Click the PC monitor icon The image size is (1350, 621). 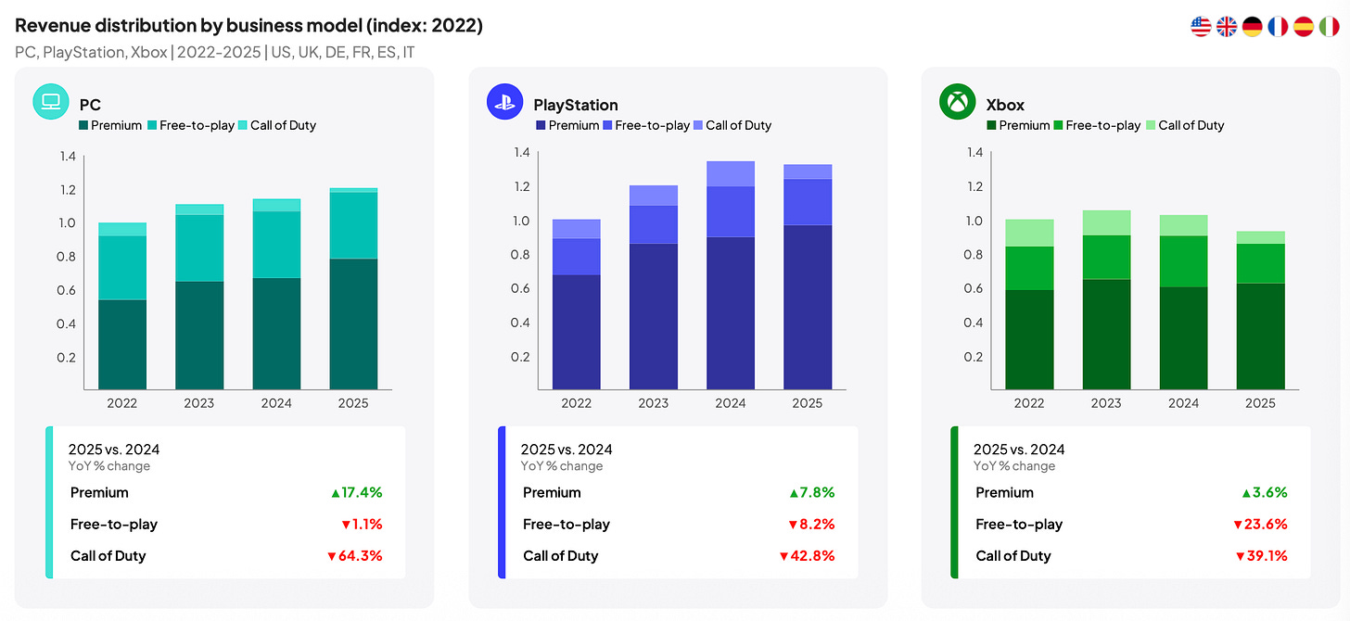click(x=51, y=101)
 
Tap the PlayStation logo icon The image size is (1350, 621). click(x=504, y=101)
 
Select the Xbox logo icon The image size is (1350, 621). click(x=957, y=101)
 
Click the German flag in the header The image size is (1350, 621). click(x=1252, y=27)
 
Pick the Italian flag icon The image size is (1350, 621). click(x=1329, y=27)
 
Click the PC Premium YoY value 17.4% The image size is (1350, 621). click(x=357, y=493)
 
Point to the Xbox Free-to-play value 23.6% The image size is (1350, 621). click(x=1260, y=524)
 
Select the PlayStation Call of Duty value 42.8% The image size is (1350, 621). click(x=807, y=556)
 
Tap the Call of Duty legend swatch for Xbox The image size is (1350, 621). click(x=1151, y=125)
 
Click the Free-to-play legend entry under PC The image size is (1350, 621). click(x=191, y=125)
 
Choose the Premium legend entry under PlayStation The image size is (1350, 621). click(x=567, y=125)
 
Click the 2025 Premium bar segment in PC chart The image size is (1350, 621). click(x=353, y=324)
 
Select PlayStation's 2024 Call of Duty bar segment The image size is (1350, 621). click(x=731, y=173)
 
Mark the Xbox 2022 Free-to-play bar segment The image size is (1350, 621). click(x=1029, y=268)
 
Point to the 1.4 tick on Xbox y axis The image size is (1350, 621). click(x=974, y=152)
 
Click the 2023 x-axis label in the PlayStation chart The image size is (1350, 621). click(x=654, y=403)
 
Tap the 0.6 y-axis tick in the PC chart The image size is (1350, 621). click(x=67, y=290)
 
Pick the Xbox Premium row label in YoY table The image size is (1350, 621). click(x=1005, y=493)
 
